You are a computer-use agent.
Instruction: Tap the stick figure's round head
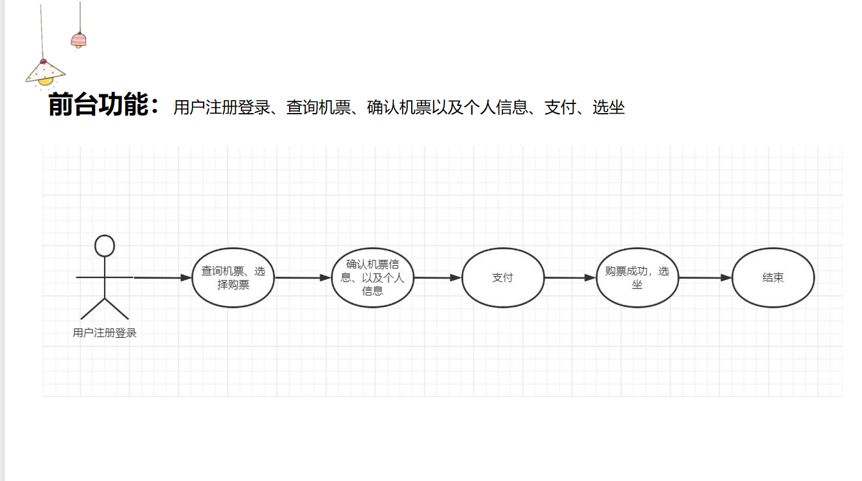pos(105,246)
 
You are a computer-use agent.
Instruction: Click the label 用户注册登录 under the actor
pos(105,333)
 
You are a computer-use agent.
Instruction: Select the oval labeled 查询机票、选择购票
pos(233,277)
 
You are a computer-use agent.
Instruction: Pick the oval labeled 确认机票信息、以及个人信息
pos(373,277)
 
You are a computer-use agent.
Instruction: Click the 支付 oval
pos(503,277)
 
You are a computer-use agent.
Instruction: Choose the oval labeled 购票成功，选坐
pos(637,277)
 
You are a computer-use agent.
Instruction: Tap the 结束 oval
pos(773,277)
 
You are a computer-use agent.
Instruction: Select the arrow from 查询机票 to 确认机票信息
pos(303,277)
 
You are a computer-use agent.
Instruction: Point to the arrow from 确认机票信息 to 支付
pos(437,277)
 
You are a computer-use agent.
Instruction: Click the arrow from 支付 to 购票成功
pos(570,277)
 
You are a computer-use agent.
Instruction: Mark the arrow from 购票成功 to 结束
pos(705,277)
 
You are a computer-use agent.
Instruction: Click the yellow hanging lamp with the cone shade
pos(44,73)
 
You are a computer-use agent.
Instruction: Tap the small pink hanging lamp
pos(78,40)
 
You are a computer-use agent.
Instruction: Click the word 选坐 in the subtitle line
pos(608,107)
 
